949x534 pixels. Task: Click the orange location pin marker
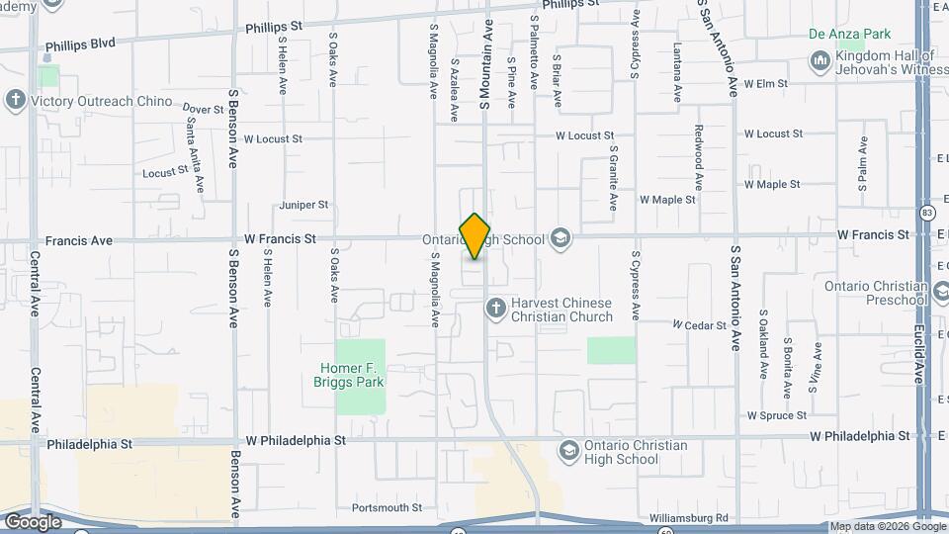click(x=475, y=235)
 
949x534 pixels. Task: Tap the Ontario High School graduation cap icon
click(x=561, y=238)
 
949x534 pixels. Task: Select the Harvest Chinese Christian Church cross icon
click(x=496, y=310)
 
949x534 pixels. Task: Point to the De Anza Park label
click(x=849, y=34)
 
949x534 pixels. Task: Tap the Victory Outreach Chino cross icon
click(x=15, y=101)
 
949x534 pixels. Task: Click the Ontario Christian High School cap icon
click(x=569, y=452)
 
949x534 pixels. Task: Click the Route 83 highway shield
click(x=926, y=213)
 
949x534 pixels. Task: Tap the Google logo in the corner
click(x=32, y=521)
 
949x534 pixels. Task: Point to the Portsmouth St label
click(x=387, y=508)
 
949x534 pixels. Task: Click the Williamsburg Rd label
click(x=689, y=518)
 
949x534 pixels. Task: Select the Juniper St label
click(x=303, y=205)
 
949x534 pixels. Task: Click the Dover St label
click(x=204, y=110)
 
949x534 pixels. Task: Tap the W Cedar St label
click(x=699, y=324)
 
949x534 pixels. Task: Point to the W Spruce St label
click(x=777, y=415)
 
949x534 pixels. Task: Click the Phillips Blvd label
click(x=81, y=44)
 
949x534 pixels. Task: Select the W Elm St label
click(x=766, y=84)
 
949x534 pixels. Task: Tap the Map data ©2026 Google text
click(x=886, y=527)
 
